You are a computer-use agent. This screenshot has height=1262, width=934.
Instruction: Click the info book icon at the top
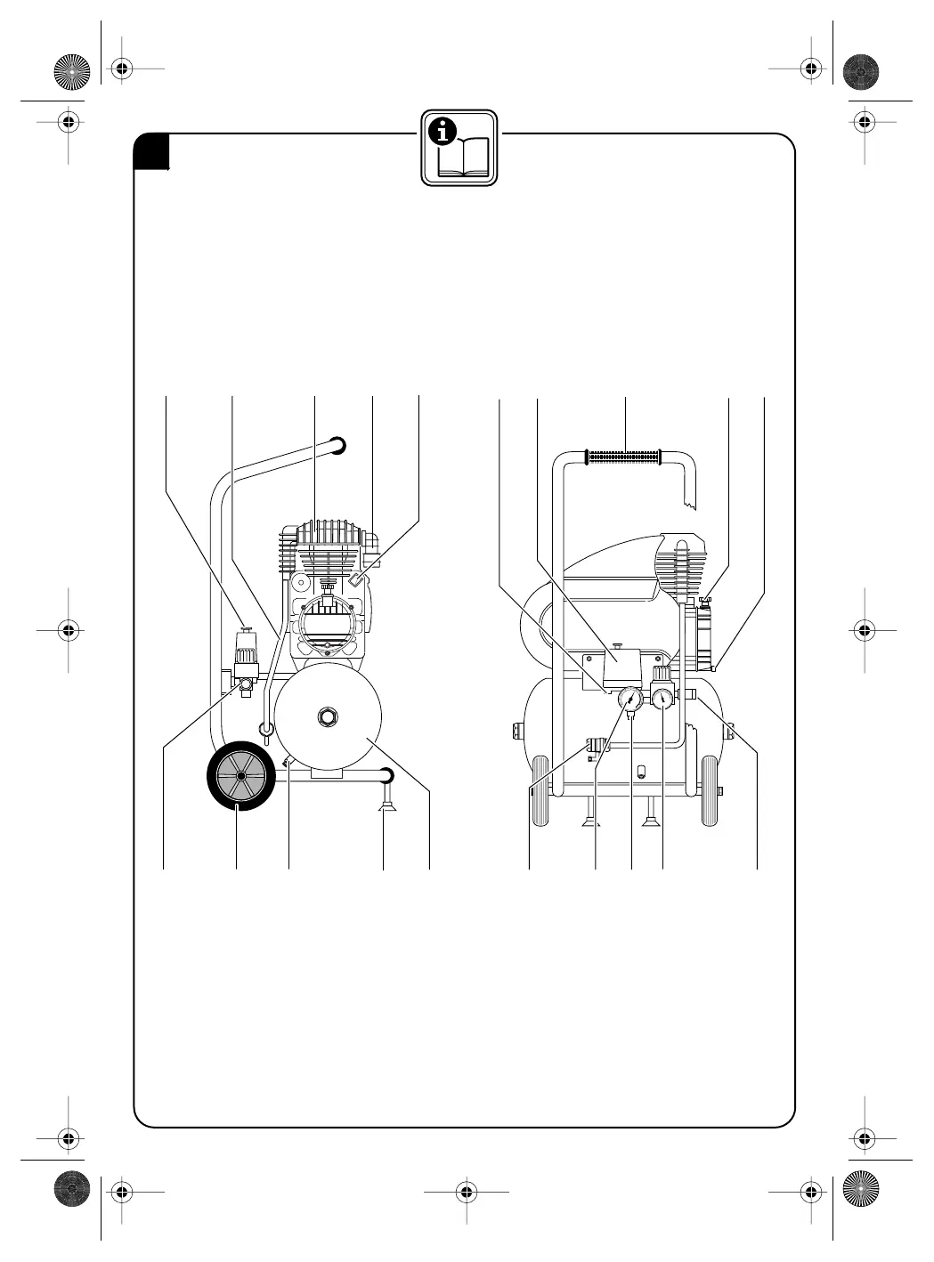point(459,147)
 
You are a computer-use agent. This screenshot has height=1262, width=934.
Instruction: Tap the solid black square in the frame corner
point(152,152)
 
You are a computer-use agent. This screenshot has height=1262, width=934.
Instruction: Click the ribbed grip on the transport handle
point(622,457)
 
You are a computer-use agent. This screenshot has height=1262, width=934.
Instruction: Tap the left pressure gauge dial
point(629,700)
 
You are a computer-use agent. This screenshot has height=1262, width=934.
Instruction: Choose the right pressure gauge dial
point(664,700)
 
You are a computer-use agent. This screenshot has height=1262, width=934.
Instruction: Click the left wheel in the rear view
point(539,791)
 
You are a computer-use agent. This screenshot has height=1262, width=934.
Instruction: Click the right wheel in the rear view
point(710,791)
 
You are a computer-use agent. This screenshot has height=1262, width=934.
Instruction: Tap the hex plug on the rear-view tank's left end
point(518,731)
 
